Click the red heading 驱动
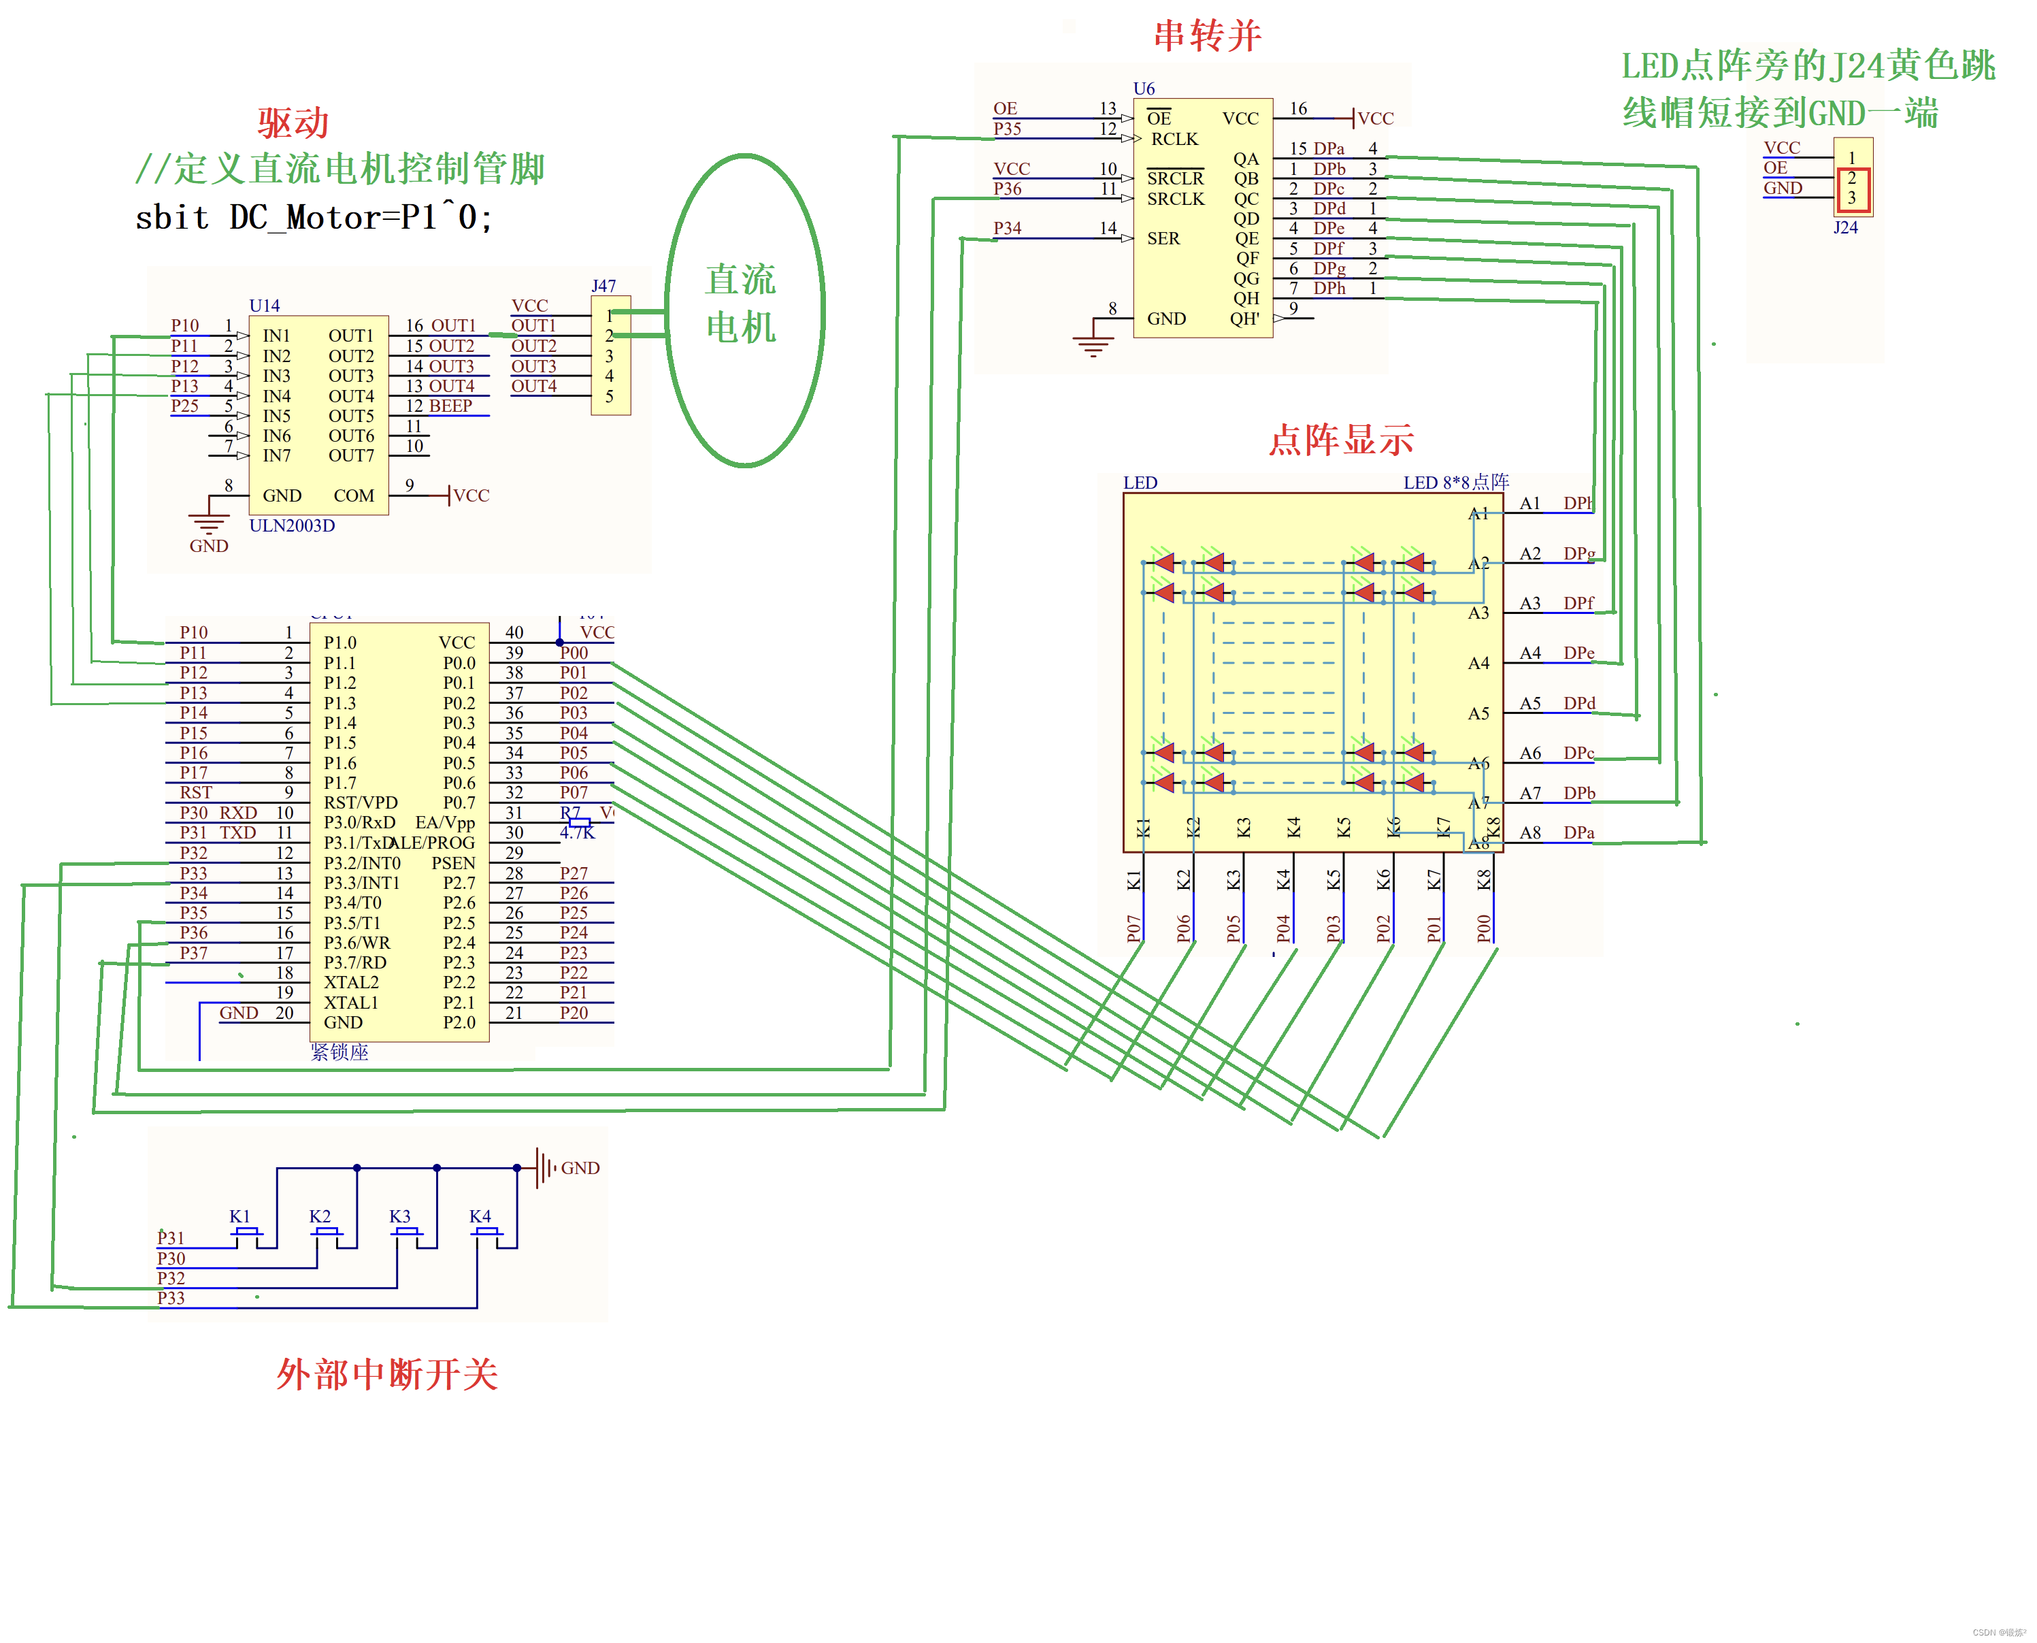click(293, 124)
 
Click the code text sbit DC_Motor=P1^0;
click(313, 218)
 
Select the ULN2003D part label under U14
click(291, 525)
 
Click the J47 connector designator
click(603, 286)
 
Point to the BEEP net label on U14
click(450, 406)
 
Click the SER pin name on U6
click(1163, 238)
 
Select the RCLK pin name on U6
click(1174, 139)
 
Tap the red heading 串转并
click(1206, 36)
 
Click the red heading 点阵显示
click(1341, 440)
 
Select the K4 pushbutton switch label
click(480, 1216)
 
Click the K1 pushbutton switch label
click(239, 1216)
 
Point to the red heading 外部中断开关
click(387, 1374)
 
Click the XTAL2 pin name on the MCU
click(351, 982)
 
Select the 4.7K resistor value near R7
click(577, 833)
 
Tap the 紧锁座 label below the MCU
click(339, 1052)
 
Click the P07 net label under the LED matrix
click(1133, 928)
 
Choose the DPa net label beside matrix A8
click(1578, 833)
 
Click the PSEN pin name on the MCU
click(453, 863)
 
